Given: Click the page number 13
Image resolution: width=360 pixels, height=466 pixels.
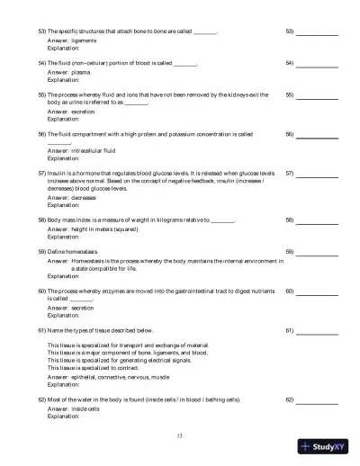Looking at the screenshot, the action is point(180,435).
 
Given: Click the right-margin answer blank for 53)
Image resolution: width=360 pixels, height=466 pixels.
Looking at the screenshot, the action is point(319,33).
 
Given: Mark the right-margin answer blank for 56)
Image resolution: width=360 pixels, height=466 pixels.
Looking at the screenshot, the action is point(319,135).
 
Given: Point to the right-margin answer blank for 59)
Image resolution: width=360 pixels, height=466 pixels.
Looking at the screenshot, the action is point(319,253).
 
